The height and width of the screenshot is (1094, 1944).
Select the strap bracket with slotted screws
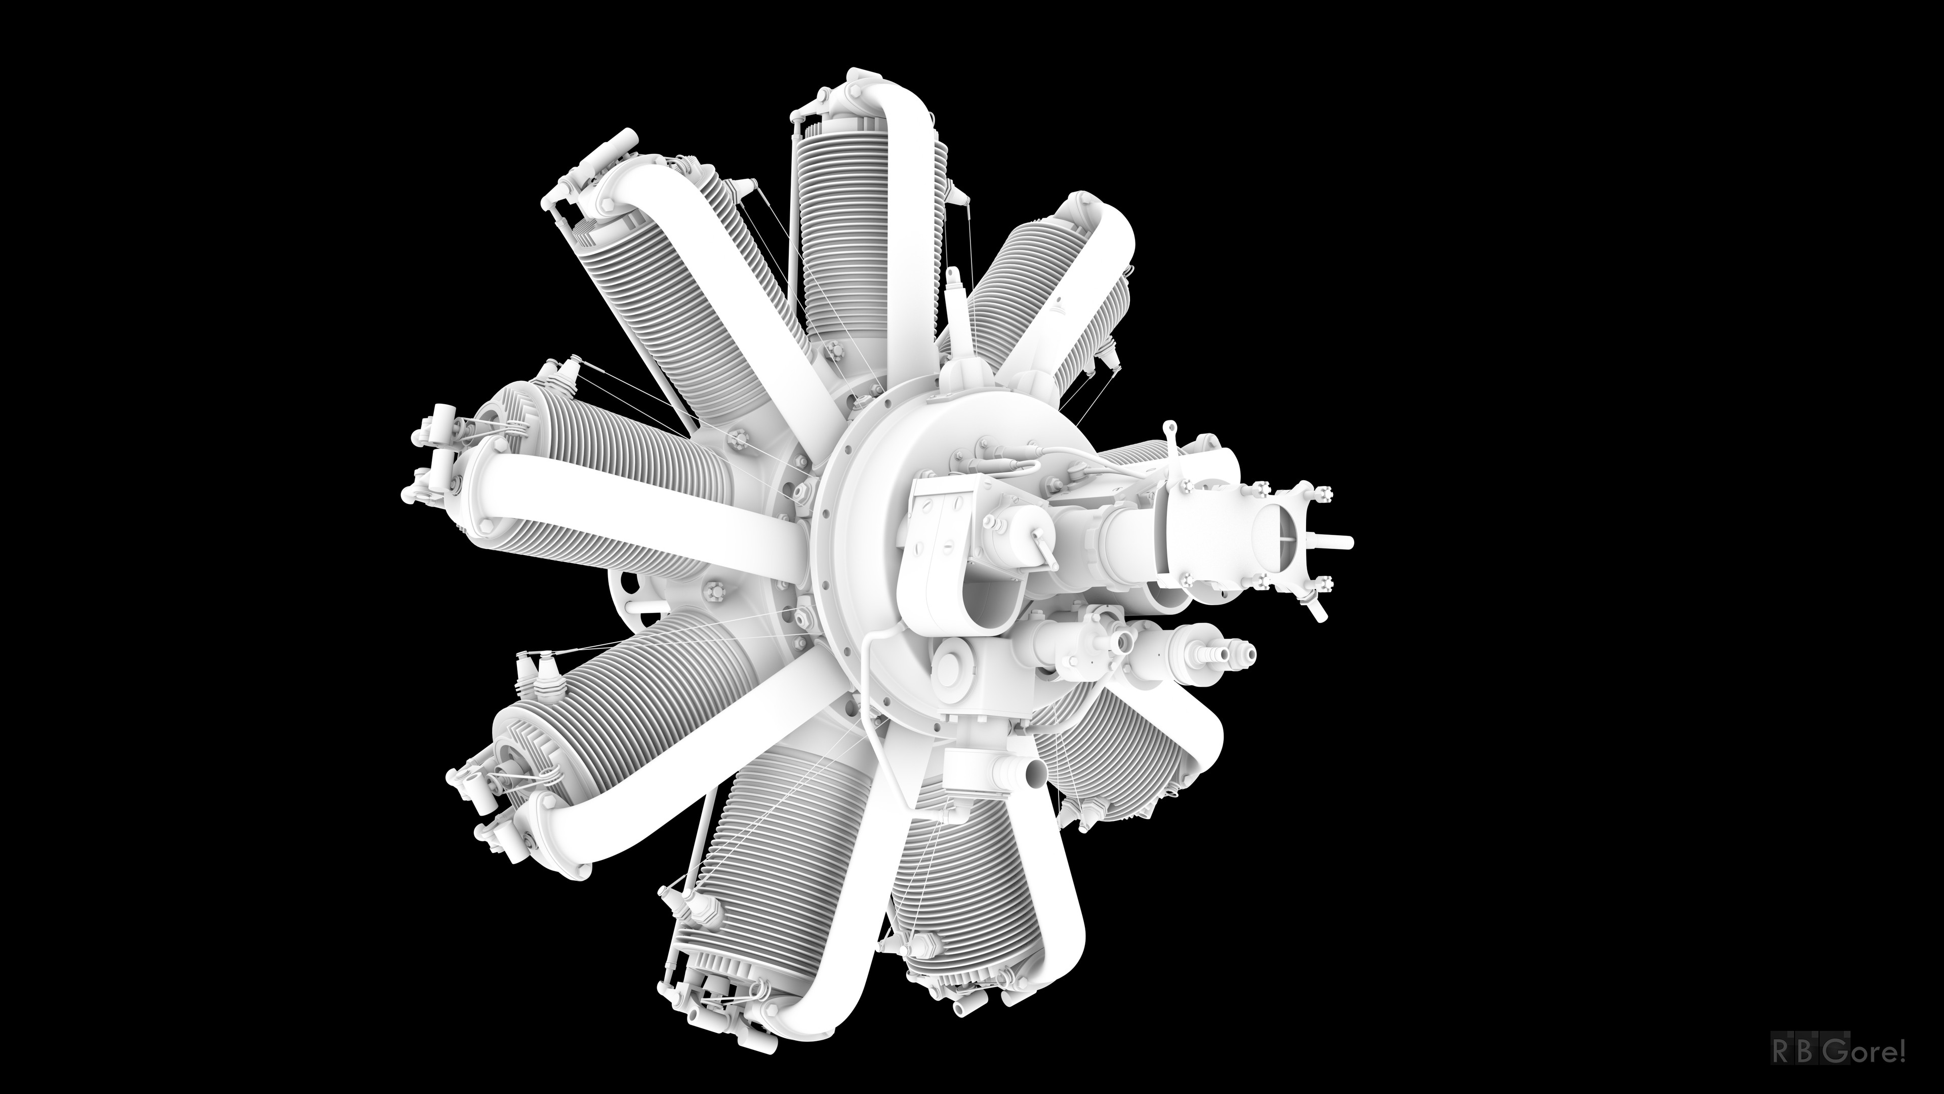[x=936, y=528]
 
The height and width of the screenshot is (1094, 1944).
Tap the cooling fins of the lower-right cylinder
[x=1109, y=748]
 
